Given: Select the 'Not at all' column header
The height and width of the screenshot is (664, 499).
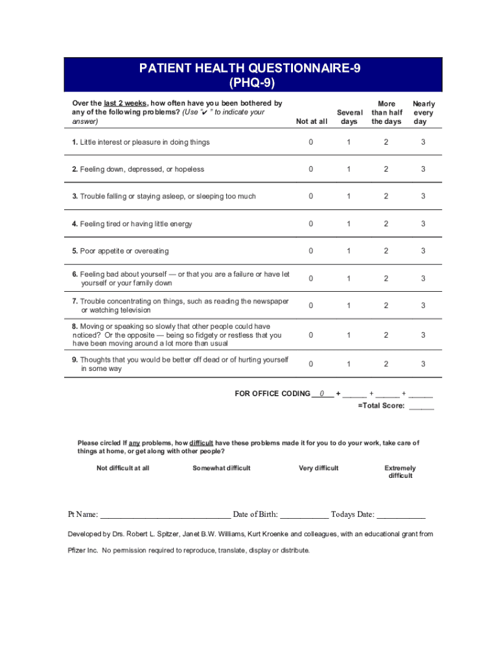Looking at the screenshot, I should [x=311, y=122].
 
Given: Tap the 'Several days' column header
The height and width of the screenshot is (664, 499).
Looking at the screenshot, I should [x=349, y=117].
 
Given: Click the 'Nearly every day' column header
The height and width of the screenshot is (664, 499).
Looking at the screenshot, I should [x=423, y=113].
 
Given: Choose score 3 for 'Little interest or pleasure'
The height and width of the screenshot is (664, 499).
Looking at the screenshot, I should [x=423, y=142].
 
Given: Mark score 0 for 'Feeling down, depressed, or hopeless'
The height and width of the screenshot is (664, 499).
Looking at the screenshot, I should [x=311, y=169].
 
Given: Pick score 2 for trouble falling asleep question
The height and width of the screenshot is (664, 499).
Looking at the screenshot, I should [x=386, y=196].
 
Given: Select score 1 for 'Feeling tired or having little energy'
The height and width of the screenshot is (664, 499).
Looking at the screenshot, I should [x=349, y=224].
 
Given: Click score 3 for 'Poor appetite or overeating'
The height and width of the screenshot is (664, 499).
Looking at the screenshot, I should [x=423, y=251].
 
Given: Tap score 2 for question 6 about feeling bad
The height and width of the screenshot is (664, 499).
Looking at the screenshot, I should [x=386, y=279].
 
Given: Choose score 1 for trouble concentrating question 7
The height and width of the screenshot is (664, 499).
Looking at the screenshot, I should [x=349, y=305].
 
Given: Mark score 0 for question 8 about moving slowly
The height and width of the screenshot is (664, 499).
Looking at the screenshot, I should [x=311, y=335].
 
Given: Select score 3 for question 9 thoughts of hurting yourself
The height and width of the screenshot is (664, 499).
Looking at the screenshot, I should [x=423, y=364].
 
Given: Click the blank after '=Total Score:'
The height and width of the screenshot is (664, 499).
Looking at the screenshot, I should [x=421, y=407].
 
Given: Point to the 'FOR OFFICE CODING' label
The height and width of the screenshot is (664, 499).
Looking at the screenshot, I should [x=272, y=394].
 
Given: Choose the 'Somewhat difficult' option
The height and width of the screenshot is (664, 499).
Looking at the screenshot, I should [x=221, y=468].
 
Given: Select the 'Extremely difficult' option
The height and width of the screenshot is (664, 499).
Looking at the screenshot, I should [x=400, y=472].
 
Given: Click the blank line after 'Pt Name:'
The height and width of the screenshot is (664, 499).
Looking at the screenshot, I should [x=165, y=516].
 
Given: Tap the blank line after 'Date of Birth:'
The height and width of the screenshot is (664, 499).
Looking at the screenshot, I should [x=304, y=516].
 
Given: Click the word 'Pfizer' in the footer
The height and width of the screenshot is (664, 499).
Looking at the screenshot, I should [x=80, y=551].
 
